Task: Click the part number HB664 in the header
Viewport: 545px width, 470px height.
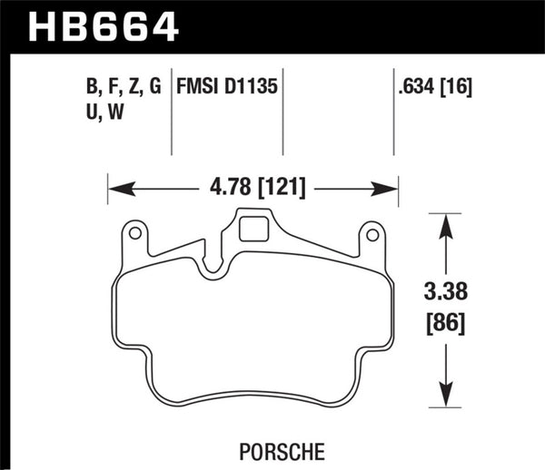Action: point(104,26)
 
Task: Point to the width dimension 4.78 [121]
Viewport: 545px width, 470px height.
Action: point(253,189)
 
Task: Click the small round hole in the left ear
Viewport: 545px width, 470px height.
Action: point(134,234)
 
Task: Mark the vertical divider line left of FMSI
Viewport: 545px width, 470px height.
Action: point(173,113)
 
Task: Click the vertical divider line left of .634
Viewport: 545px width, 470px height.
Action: point(393,113)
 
